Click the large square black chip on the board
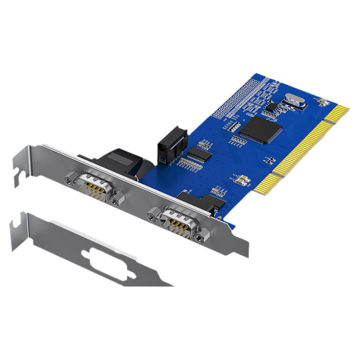click(261, 129)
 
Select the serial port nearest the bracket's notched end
click(93, 185)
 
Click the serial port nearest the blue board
click(177, 219)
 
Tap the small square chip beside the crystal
click(271, 106)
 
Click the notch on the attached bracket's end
click(20, 173)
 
